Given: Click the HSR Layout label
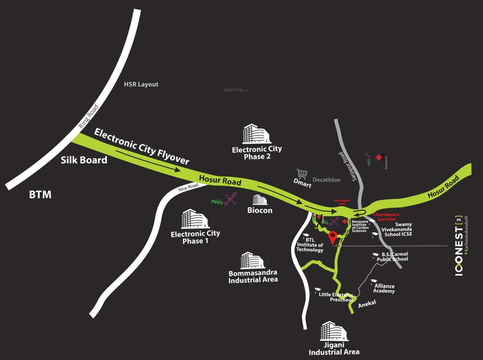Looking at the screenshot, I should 141,84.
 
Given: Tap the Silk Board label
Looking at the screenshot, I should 84,160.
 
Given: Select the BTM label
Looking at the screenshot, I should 40,195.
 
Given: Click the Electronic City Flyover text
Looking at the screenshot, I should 141,146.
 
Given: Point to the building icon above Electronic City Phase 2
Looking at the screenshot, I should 256,134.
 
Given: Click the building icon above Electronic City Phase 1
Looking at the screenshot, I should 195,219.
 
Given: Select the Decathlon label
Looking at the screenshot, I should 326,180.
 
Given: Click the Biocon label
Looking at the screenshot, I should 260,210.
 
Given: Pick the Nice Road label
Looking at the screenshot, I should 188,188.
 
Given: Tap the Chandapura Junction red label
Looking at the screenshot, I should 384,217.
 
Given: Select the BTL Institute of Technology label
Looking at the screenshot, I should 310,245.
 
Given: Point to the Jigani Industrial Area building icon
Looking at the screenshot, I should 334,331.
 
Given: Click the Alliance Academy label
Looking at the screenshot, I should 384,288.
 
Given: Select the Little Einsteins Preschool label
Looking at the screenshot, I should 335,297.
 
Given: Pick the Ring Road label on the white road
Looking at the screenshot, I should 89,116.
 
